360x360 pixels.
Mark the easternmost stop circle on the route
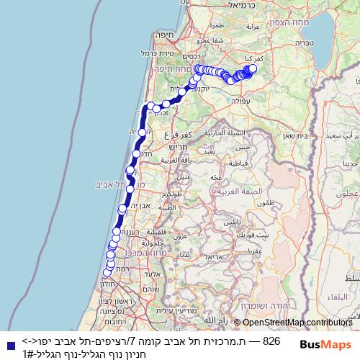point(253,68)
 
